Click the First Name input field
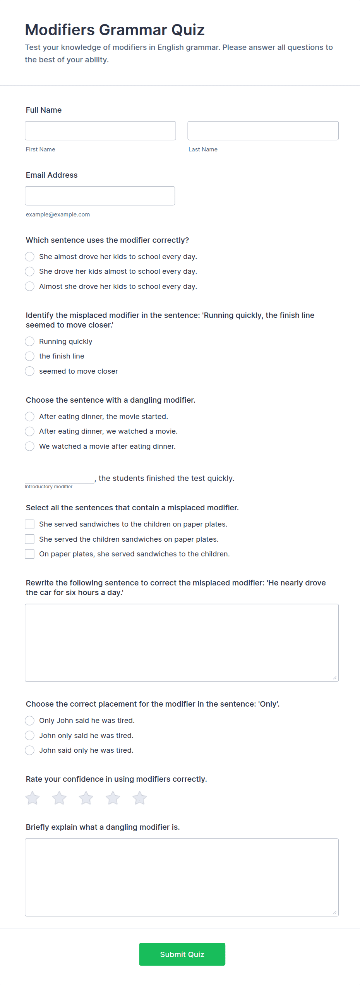(x=100, y=130)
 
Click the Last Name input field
(x=263, y=130)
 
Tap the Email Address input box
(x=100, y=196)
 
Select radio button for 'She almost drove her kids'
(x=29, y=257)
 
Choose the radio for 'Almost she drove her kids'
(x=29, y=286)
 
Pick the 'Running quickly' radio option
(x=29, y=341)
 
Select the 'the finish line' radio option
(x=29, y=356)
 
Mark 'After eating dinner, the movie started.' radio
(x=29, y=416)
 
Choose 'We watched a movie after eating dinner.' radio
(x=29, y=446)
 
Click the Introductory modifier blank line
(x=59, y=478)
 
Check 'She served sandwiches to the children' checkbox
(x=29, y=524)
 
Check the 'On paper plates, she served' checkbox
(x=29, y=554)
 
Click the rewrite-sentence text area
(x=182, y=642)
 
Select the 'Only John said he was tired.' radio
(x=29, y=720)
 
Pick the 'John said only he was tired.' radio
(x=29, y=750)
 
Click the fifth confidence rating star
(x=140, y=798)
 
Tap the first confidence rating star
(x=33, y=798)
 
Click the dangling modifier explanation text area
(x=182, y=877)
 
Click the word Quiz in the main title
(x=188, y=30)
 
